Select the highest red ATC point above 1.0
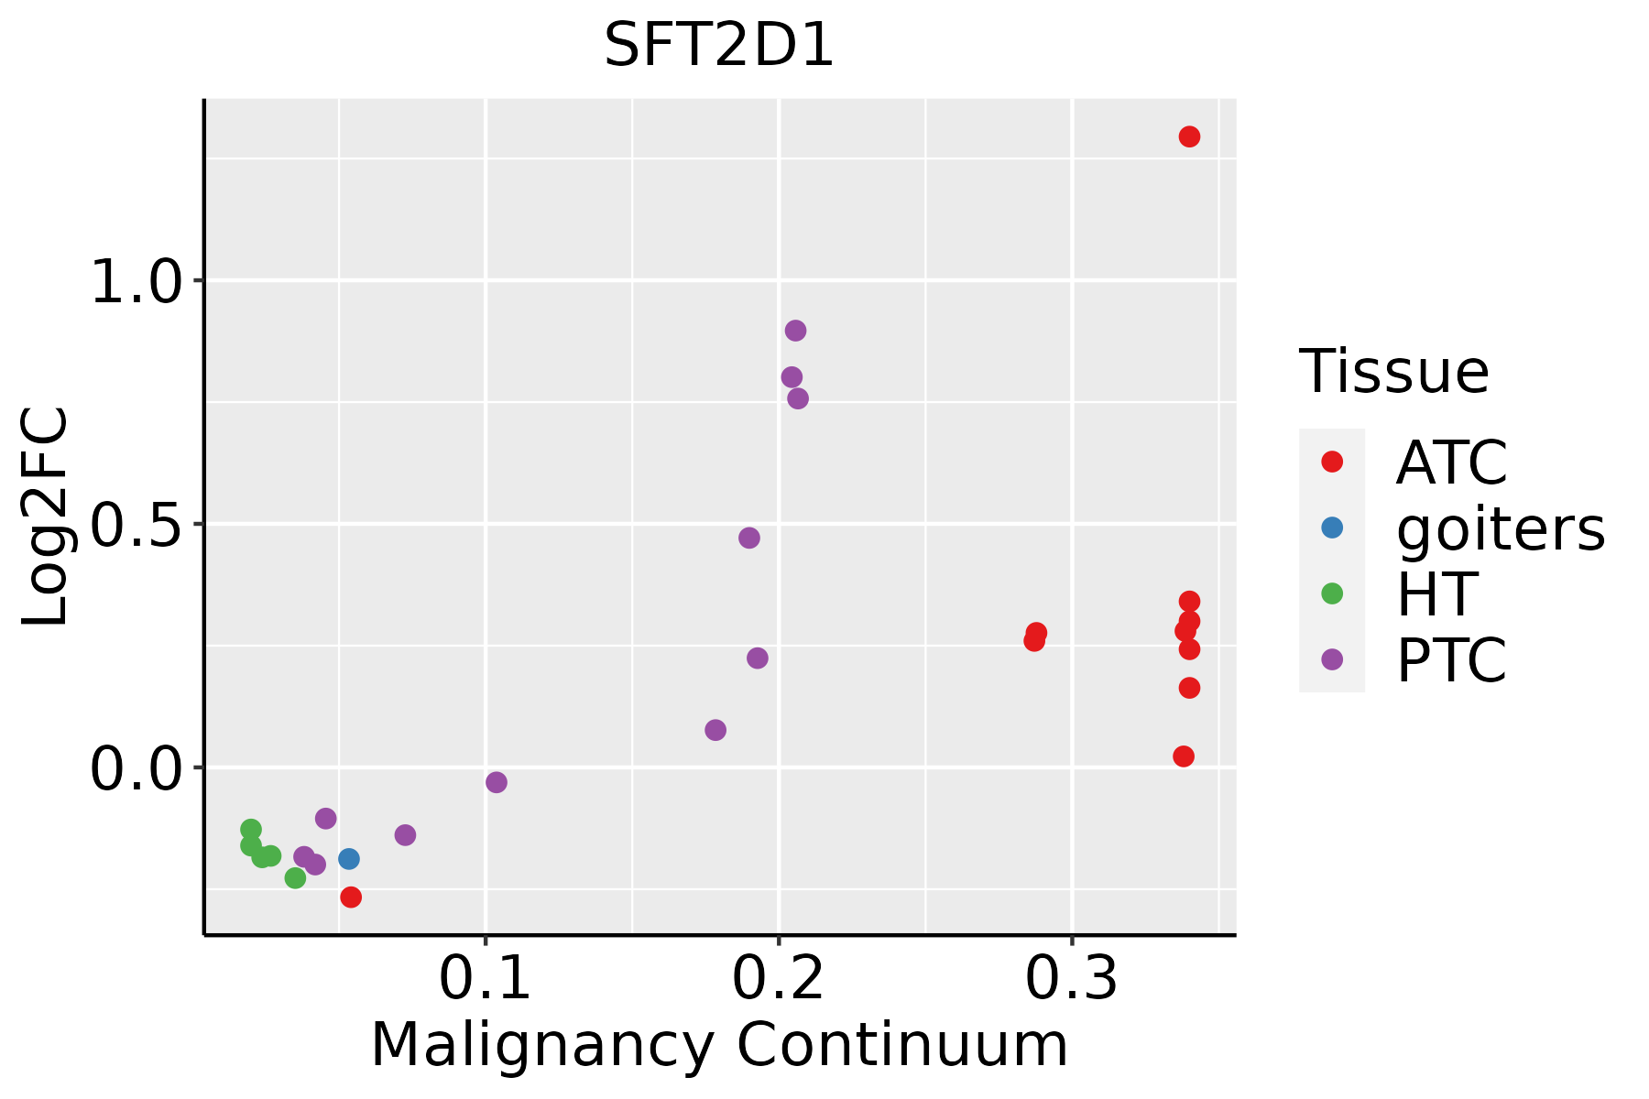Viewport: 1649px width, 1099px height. click(x=1189, y=136)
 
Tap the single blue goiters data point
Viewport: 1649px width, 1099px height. click(x=348, y=859)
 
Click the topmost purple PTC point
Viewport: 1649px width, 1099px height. click(x=795, y=331)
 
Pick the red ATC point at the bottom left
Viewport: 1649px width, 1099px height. click(x=351, y=898)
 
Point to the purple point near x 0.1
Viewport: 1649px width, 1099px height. click(x=497, y=782)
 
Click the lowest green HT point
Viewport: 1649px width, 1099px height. click(x=295, y=878)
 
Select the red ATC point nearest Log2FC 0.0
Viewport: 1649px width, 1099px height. click(x=1184, y=756)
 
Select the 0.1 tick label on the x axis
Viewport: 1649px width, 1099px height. click(x=486, y=978)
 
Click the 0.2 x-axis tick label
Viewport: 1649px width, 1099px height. click(x=779, y=978)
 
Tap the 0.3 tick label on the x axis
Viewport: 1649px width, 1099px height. click(x=1072, y=978)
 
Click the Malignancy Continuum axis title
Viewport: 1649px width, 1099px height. click(x=719, y=1045)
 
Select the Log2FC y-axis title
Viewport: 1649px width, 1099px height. click(x=46, y=517)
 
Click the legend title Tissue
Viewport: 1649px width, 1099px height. click(x=1394, y=372)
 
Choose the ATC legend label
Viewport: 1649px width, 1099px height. click(x=1451, y=462)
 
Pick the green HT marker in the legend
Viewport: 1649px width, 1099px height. click(x=1332, y=593)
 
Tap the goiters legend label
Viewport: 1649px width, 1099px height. click(x=1501, y=528)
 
